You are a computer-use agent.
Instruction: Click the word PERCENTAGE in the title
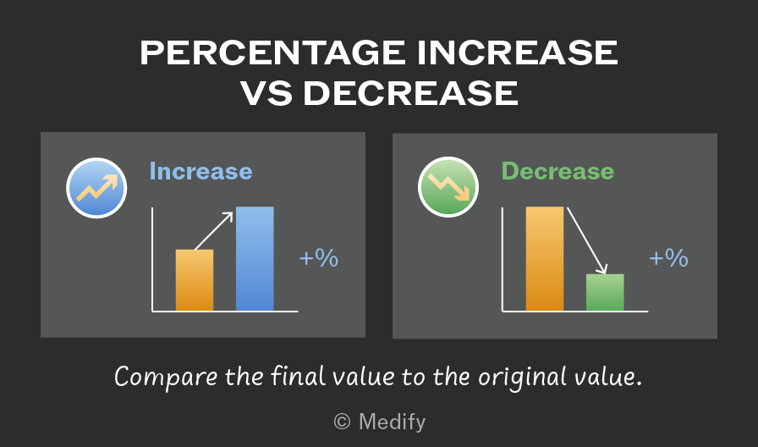[x=272, y=52]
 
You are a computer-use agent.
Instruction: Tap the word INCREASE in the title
[x=517, y=52]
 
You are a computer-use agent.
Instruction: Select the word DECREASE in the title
[x=411, y=93]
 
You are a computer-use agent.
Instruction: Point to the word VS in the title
[x=266, y=93]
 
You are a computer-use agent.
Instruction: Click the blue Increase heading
[x=200, y=171]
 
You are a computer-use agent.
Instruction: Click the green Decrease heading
[x=558, y=171]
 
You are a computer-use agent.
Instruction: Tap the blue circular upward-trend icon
[x=96, y=188]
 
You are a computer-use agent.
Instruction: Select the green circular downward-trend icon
[x=448, y=187]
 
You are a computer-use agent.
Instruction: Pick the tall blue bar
[x=255, y=258]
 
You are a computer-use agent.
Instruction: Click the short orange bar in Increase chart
[x=195, y=280]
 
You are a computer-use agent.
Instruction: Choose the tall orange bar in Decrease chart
[x=544, y=258]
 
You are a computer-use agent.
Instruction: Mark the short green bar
[x=605, y=292]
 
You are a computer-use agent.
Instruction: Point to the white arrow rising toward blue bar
[x=213, y=231]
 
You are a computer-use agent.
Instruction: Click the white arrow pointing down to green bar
[x=586, y=240]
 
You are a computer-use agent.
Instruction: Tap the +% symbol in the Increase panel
[x=319, y=258]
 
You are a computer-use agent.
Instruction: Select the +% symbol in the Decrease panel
[x=668, y=258]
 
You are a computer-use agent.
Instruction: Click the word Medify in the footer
[x=392, y=422]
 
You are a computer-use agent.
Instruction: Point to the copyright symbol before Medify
[x=342, y=422]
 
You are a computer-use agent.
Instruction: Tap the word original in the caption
[x=522, y=378]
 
